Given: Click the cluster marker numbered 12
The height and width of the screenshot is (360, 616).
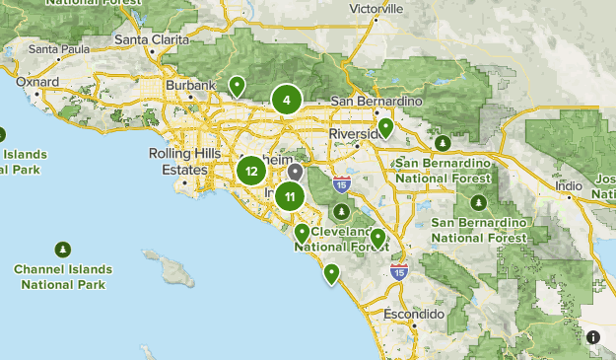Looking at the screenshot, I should click(252, 172).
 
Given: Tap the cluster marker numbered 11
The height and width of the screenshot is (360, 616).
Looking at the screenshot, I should click(290, 196).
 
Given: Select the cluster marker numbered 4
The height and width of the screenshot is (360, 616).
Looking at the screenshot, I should click(286, 99).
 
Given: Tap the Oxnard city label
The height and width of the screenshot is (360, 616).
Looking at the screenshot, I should click(38, 83).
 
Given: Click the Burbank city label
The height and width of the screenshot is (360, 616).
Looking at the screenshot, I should click(190, 86).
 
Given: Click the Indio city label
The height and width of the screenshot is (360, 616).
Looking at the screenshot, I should click(569, 184).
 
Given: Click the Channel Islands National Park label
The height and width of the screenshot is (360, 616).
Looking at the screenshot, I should click(63, 276).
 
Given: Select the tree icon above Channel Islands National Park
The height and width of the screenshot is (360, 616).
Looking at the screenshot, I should click(63, 250).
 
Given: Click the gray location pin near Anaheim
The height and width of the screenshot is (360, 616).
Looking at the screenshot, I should click(295, 173).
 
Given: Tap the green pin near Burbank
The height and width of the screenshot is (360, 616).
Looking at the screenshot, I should click(237, 87).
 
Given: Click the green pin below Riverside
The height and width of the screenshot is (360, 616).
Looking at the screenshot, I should click(386, 126).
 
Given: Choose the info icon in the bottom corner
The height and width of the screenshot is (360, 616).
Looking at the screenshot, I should click(593, 337).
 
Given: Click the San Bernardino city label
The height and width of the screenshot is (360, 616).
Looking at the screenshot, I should click(376, 102).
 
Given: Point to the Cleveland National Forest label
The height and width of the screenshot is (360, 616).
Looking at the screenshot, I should click(341, 239).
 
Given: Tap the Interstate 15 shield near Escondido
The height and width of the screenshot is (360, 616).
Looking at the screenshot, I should click(398, 271).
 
